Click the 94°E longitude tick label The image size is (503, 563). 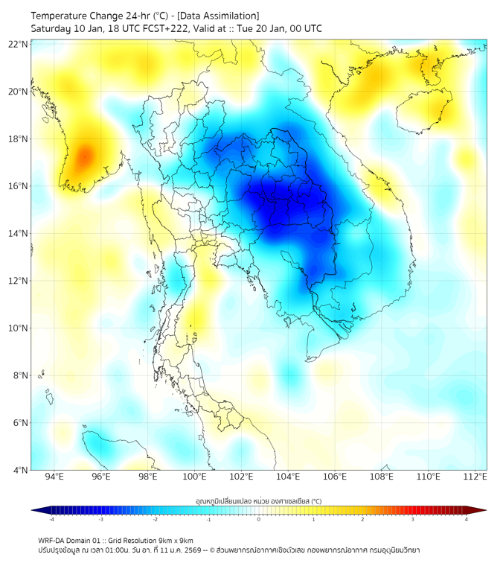coord(54,477)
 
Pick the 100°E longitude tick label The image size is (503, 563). coord(195,477)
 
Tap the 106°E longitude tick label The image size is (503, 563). coord(336,477)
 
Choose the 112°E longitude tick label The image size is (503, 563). coord(475,477)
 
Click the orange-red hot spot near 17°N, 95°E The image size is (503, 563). coord(84,156)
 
